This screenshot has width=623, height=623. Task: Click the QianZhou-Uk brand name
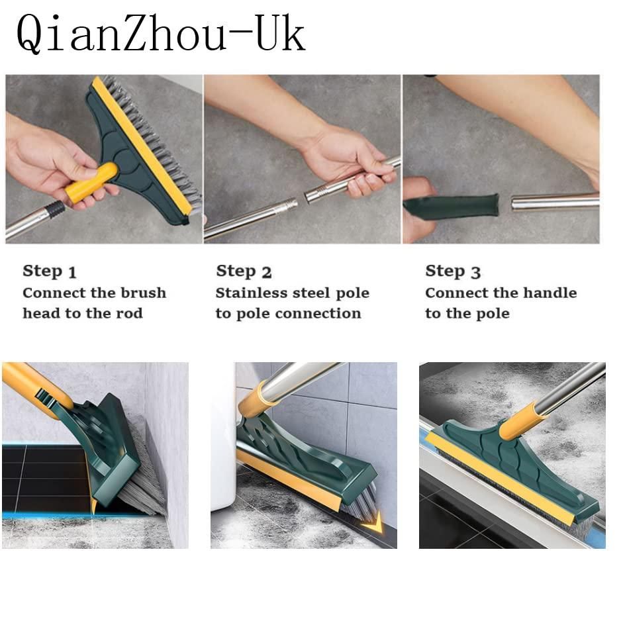pyautogui.click(x=161, y=33)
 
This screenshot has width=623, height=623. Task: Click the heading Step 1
pyautogui.click(x=50, y=271)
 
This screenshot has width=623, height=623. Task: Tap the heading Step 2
pyautogui.click(x=244, y=271)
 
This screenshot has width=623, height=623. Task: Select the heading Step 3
pyautogui.click(x=453, y=271)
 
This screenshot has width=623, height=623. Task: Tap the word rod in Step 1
pyautogui.click(x=129, y=313)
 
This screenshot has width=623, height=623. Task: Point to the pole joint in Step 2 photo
pyautogui.click(x=311, y=194)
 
